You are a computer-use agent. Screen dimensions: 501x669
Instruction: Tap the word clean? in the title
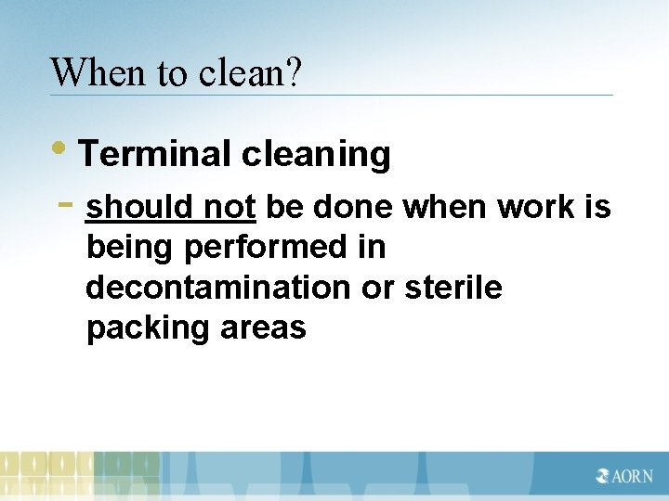coord(250,71)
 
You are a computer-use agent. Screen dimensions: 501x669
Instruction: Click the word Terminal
coord(153,154)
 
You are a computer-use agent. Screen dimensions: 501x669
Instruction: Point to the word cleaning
coord(316,155)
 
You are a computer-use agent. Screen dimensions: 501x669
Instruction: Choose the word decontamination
coord(217,288)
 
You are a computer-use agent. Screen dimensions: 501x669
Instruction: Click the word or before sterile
coord(378,288)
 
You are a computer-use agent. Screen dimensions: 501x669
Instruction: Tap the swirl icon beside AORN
coord(603,476)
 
